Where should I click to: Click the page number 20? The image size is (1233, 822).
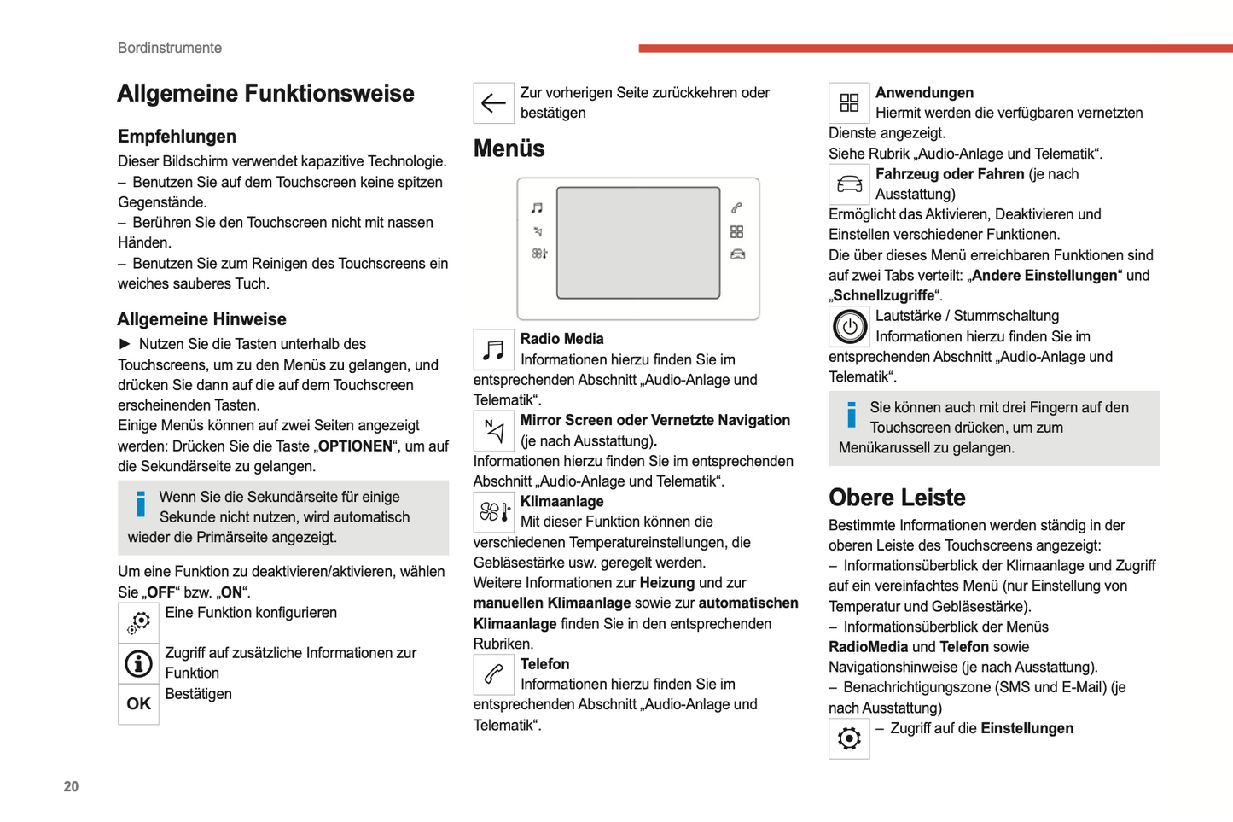click(71, 786)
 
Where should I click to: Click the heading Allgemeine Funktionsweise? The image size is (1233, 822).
click(265, 93)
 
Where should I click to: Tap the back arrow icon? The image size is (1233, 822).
click(493, 103)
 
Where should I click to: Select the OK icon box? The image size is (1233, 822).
click(138, 704)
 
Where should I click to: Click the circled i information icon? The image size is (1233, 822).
click(138, 663)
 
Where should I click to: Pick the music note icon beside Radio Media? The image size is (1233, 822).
click(493, 349)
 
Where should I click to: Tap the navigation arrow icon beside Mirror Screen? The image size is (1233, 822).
click(493, 431)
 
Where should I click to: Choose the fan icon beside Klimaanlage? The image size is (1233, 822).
click(493, 512)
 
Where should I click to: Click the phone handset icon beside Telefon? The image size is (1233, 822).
click(493, 674)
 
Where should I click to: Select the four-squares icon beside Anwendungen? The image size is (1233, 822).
click(849, 103)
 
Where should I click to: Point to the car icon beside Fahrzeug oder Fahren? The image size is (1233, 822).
click(849, 184)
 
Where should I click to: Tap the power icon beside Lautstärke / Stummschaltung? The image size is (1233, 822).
click(849, 326)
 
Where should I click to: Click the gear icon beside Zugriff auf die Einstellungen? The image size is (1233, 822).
click(849, 738)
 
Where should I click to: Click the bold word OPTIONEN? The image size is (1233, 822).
click(355, 446)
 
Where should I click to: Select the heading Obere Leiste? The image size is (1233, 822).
click(897, 498)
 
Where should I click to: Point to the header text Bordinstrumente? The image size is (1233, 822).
click(170, 48)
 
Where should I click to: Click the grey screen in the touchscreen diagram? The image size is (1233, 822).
click(638, 243)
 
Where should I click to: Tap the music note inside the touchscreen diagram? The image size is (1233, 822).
click(537, 208)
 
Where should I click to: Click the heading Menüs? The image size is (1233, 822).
click(509, 149)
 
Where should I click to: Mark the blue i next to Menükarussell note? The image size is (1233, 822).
click(851, 415)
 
